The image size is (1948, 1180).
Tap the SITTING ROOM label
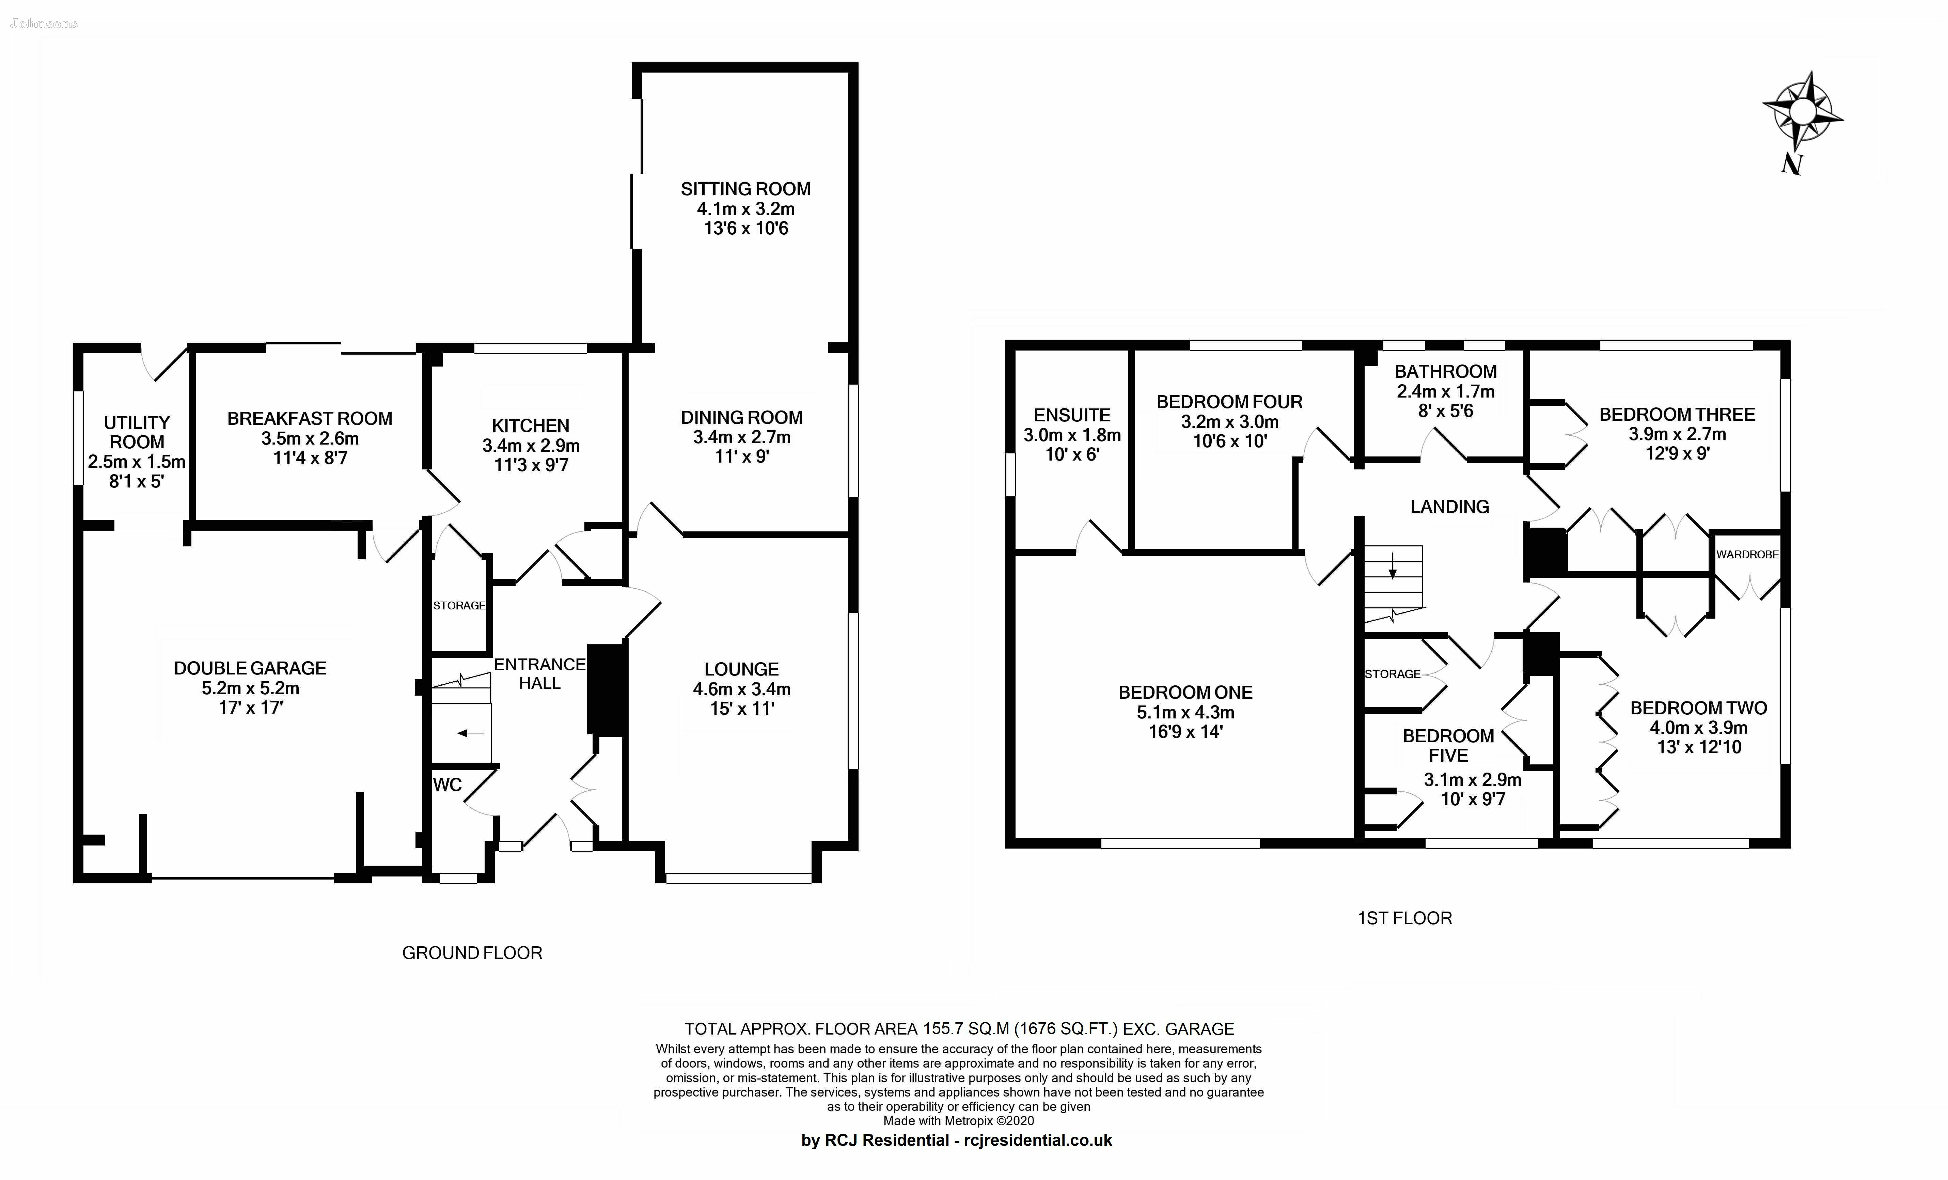point(745,189)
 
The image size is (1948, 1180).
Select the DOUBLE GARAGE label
point(250,668)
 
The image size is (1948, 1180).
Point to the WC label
point(447,785)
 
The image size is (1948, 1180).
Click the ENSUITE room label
point(1072,415)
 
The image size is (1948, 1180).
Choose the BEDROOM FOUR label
point(1229,402)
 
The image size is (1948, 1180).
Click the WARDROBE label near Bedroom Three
point(1747,555)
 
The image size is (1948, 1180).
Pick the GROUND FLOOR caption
point(472,953)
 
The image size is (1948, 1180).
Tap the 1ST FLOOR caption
point(1405,918)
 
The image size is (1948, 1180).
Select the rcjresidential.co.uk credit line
point(957,1140)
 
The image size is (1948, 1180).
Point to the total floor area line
point(959,1029)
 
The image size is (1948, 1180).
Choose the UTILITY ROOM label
point(137,433)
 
